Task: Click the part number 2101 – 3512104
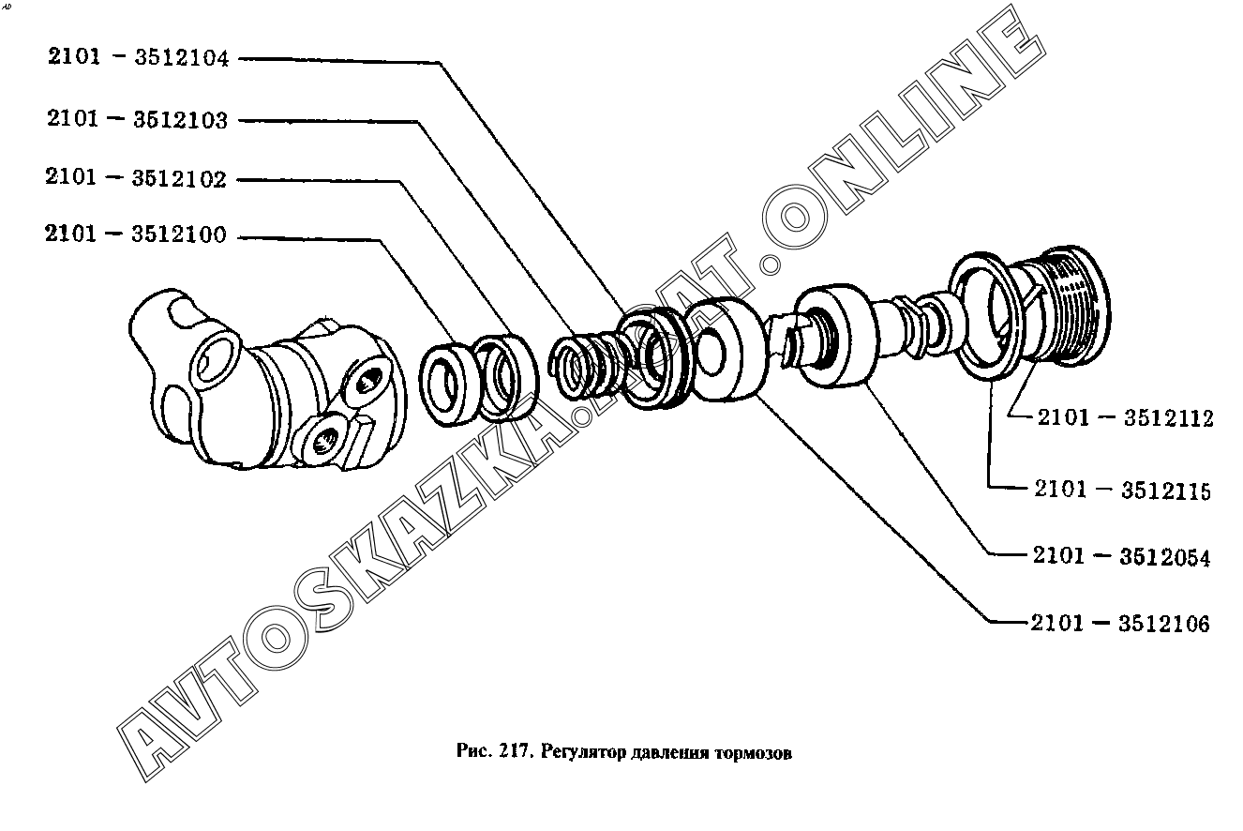tap(138, 57)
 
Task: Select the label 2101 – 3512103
tap(138, 119)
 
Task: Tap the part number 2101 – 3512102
tap(136, 177)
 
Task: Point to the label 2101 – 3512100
tap(136, 234)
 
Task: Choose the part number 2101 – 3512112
tap(1126, 417)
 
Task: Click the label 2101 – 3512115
tap(1123, 490)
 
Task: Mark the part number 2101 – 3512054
tap(1121, 556)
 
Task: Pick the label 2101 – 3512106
tap(1120, 623)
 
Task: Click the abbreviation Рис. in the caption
tap(474, 751)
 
